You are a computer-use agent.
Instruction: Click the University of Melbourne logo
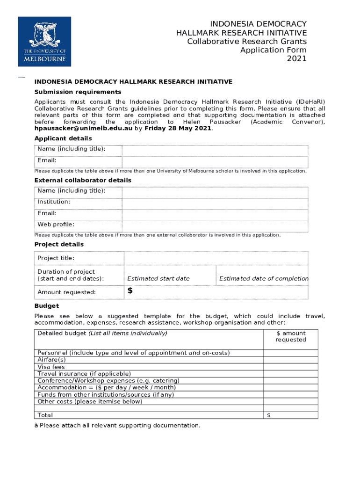[44, 42]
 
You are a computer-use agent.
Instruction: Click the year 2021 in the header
[296, 58]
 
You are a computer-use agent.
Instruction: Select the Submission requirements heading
[78, 92]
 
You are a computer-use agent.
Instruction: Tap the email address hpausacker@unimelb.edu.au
[83, 128]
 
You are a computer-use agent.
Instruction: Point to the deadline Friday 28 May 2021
[178, 128]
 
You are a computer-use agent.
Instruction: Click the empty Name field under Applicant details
[215, 150]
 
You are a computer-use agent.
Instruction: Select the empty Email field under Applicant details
[215, 162]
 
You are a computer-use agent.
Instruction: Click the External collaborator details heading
[83, 180]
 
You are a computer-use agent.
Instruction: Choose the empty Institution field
[215, 203]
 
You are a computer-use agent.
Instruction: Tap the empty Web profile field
[215, 226]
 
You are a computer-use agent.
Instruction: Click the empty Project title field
[216, 258]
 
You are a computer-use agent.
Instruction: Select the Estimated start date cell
[158, 278]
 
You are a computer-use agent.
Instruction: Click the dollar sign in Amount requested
[130, 291]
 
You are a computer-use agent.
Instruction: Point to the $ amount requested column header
[290, 336]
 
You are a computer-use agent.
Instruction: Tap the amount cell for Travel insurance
[290, 374]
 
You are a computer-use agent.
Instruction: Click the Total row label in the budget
[45, 415]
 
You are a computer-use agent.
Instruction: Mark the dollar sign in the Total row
[268, 415]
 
